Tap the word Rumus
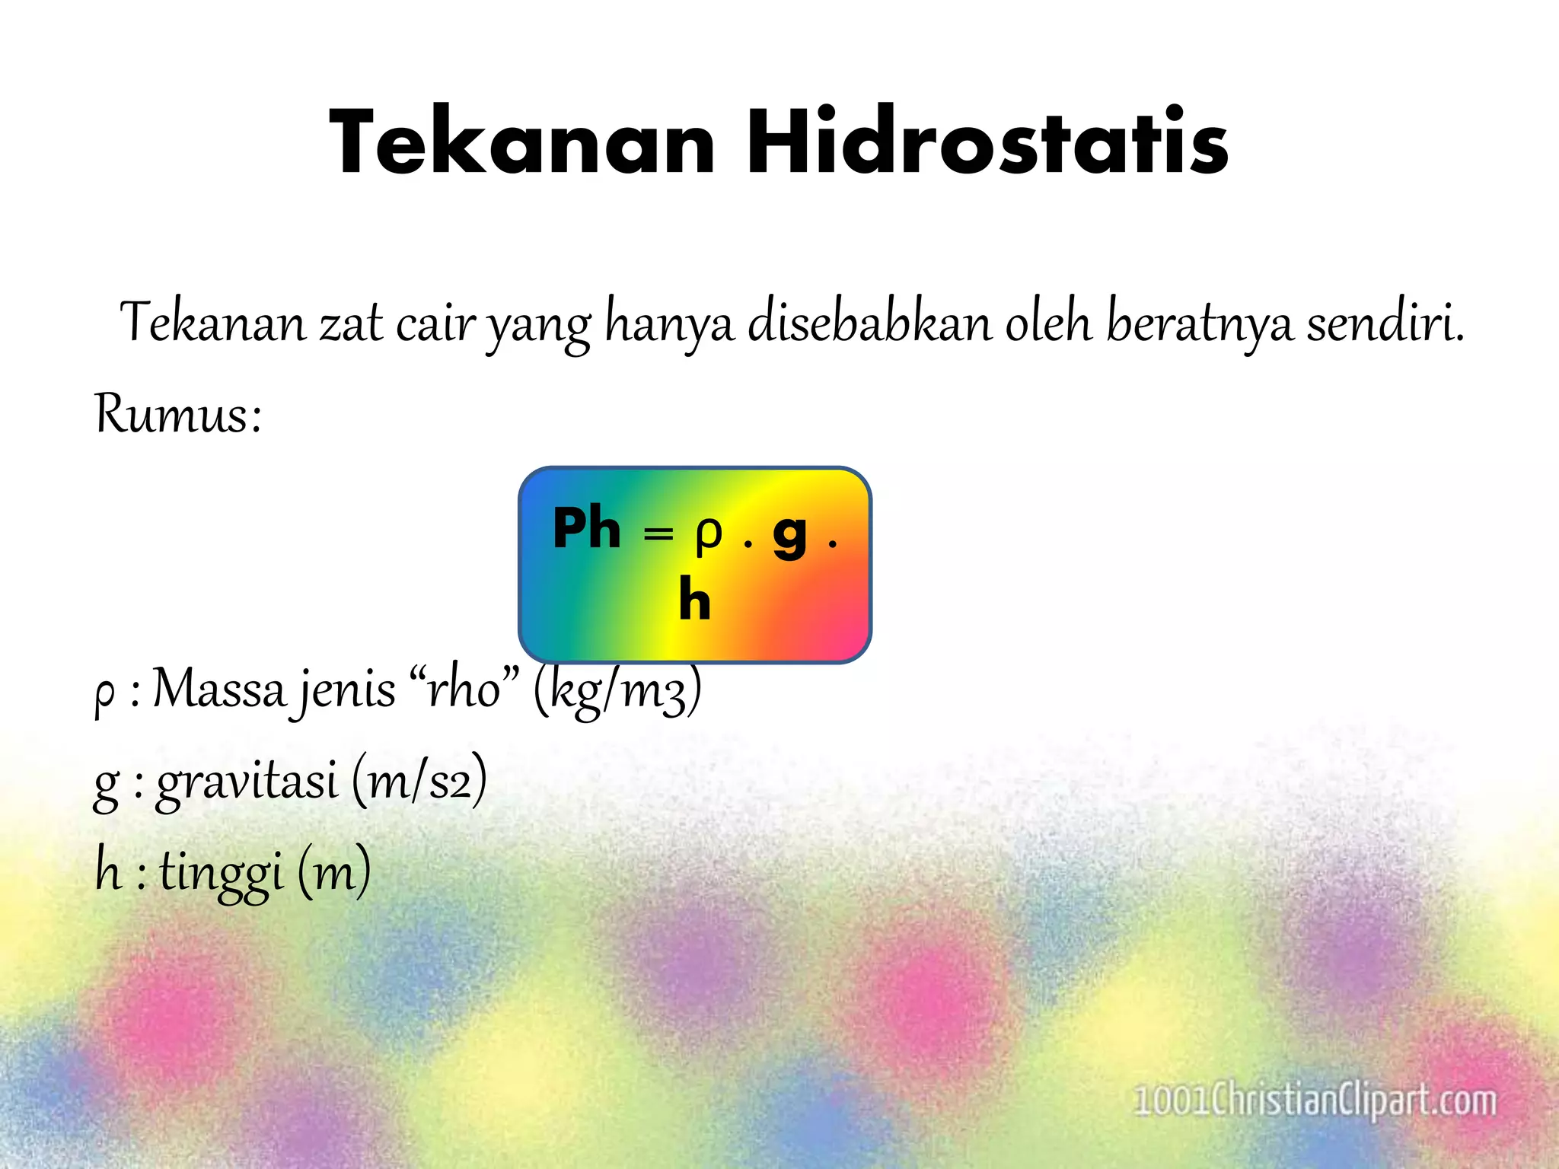pos(178,415)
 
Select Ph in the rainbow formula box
pos(586,528)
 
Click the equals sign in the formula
pos(658,534)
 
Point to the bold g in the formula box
pos(789,534)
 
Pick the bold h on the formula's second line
pos(694,600)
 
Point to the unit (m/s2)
pos(419,781)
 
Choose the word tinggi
pos(222,872)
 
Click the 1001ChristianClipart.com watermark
pos(1315,1101)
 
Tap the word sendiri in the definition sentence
pos(1385,323)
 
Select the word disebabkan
pos(869,323)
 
